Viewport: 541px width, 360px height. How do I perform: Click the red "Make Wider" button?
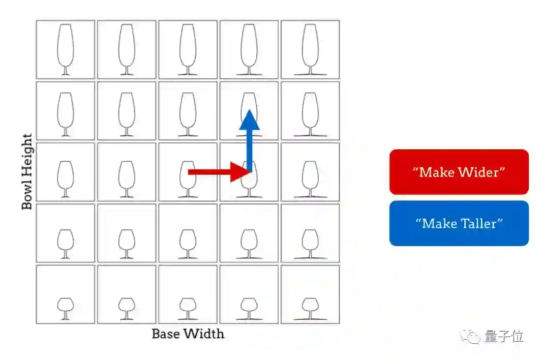coord(459,172)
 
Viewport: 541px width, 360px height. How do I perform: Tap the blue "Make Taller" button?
coord(459,223)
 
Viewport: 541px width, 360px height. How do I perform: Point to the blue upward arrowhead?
coord(249,120)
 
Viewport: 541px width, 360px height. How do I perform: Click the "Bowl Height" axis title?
coord(27,171)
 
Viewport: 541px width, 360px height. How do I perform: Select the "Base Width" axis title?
coord(188,334)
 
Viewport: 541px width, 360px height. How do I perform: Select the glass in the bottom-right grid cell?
coord(310,308)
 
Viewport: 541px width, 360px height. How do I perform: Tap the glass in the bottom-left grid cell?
coord(65,308)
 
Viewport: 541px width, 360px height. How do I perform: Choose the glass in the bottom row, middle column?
coord(188,308)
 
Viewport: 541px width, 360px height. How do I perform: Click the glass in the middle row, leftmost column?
coord(65,178)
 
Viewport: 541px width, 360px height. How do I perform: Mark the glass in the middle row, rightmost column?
coord(310,178)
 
